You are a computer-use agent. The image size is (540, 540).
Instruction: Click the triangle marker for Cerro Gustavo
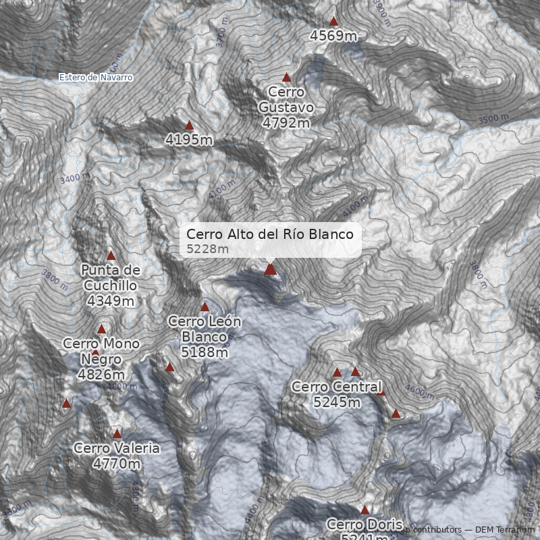(286, 78)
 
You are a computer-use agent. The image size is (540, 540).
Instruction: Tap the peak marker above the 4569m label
(333, 22)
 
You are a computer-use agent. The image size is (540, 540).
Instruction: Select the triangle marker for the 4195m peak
(189, 126)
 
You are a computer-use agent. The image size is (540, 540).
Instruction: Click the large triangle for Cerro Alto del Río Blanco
(271, 269)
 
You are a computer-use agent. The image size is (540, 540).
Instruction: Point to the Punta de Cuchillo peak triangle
(111, 256)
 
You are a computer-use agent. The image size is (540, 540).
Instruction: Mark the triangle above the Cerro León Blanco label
(205, 307)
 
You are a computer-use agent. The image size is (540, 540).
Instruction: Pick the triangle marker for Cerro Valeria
(117, 434)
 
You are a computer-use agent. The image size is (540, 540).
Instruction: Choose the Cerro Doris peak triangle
(365, 510)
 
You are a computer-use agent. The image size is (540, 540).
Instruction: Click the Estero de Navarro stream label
(96, 78)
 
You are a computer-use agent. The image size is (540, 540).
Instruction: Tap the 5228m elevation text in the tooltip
(208, 249)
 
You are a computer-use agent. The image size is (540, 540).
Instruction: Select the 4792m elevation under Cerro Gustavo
(286, 123)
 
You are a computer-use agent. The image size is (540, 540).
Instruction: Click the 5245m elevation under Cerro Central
(337, 402)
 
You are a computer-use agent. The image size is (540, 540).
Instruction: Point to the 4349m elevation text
(111, 301)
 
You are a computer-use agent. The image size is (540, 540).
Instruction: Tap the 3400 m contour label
(75, 179)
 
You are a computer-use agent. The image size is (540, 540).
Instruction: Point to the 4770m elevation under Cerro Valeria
(117, 464)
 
